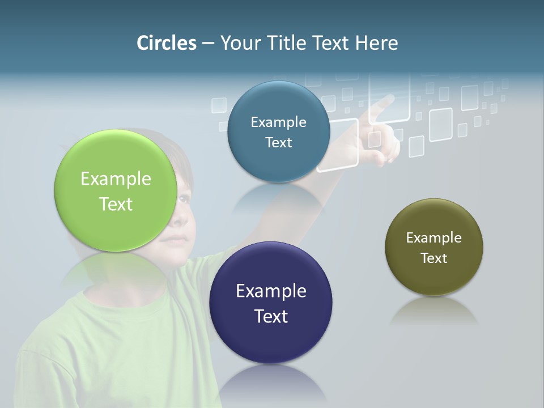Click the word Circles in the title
click(x=166, y=43)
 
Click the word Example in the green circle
click(x=116, y=179)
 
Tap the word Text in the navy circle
click(x=271, y=316)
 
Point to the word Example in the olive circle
click(x=434, y=238)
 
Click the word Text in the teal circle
click(x=278, y=143)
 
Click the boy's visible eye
click(x=184, y=199)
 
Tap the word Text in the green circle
click(x=116, y=205)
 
